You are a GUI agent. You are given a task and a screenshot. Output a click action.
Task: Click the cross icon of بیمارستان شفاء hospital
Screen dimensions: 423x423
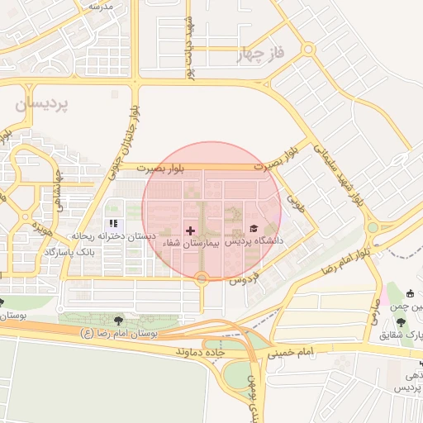point(191,231)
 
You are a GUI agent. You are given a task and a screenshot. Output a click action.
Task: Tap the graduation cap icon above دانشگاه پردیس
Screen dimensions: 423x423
point(254,228)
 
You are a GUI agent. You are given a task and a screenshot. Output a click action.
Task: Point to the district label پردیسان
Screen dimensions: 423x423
point(43,105)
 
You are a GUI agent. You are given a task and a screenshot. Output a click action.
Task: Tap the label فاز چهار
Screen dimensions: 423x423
point(260,55)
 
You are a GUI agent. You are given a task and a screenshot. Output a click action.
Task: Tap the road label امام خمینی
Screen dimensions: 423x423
point(290,353)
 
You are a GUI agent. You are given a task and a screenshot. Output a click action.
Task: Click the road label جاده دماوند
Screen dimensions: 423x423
point(201,352)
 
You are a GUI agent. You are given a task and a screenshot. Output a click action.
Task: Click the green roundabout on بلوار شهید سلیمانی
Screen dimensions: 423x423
point(373,227)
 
